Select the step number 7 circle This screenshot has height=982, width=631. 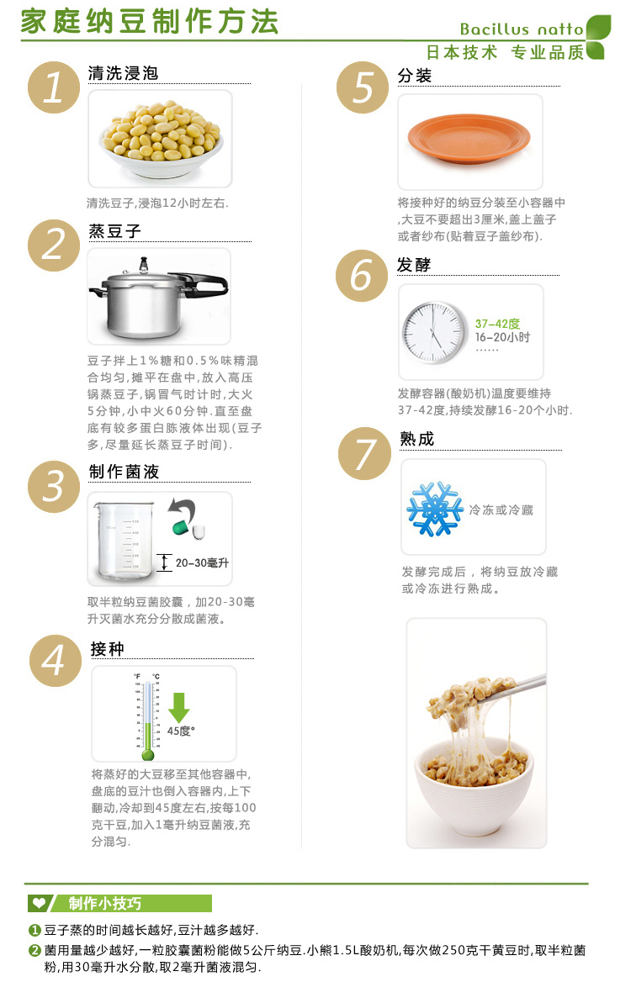pyautogui.click(x=364, y=454)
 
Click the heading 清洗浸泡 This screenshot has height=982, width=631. pyautogui.click(x=123, y=73)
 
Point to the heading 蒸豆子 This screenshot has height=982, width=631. pyautogui.click(x=114, y=231)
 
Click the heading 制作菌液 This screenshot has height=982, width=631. pyautogui.click(x=124, y=472)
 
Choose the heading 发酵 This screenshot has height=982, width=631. pyautogui.click(x=414, y=265)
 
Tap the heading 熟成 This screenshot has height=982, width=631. pyautogui.click(x=417, y=439)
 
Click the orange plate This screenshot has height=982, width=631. pyautogui.click(x=469, y=139)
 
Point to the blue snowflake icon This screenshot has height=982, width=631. pyautogui.click(x=435, y=509)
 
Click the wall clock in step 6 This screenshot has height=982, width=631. pyautogui.click(x=433, y=330)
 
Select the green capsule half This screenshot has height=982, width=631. pyautogui.click(x=178, y=527)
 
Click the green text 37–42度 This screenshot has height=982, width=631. pyautogui.click(x=497, y=324)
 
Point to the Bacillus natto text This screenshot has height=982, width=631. pyautogui.click(x=521, y=29)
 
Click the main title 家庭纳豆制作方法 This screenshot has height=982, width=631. pyautogui.click(x=149, y=23)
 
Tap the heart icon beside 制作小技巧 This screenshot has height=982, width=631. pyautogui.click(x=39, y=904)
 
